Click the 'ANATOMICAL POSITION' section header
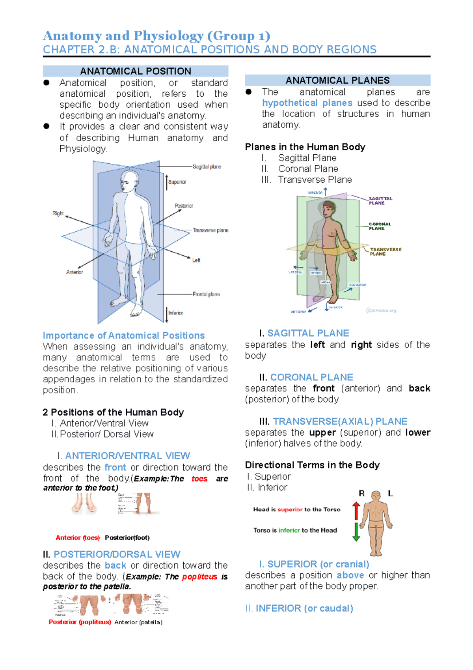click(x=136, y=71)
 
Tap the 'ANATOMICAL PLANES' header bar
click(x=337, y=80)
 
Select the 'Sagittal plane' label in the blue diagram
click(x=207, y=167)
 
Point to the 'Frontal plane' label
click(x=206, y=294)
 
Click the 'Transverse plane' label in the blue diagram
click(x=210, y=230)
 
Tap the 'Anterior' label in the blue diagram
click(x=74, y=272)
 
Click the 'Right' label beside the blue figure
click(x=58, y=213)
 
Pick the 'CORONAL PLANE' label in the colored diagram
click(x=380, y=226)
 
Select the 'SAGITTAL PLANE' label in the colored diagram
click(x=380, y=200)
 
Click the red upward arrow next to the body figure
click(x=356, y=511)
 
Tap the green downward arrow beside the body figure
click(x=356, y=532)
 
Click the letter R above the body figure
click(x=361, y=493)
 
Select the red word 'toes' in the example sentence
click(x=199, y=479)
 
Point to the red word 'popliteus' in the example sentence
click(x=199, y=576)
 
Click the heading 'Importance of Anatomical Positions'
click(x=124, y=335)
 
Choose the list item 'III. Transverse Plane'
click(x=307, y=180)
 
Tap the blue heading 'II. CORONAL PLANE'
click(x=306, y=377)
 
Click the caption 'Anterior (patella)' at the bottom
click(x=138, y=622)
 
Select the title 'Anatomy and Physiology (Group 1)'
click(x=156, y=36)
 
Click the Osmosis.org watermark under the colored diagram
click(x=381, y=311)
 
